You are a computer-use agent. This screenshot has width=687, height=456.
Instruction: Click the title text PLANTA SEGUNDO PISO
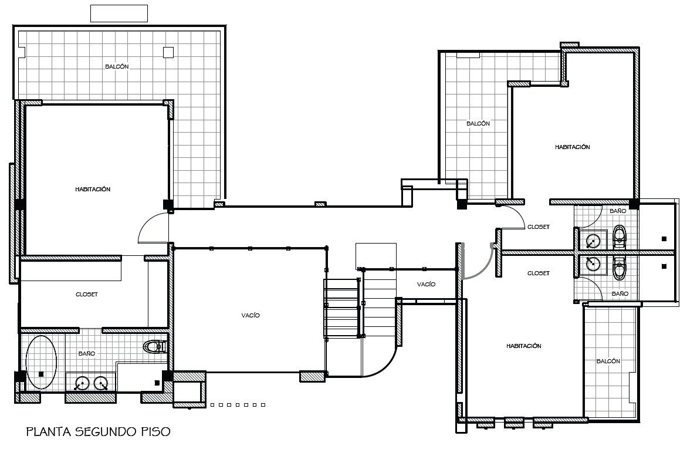click(98, 432)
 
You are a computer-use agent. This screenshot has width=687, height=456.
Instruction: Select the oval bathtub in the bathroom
click(41, 362)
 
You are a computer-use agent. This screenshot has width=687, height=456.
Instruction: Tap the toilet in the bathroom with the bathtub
click(155, 347)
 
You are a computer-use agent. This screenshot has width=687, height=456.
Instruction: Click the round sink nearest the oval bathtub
click(82, 384)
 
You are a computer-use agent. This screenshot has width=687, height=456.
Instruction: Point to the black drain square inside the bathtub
click(41, 374)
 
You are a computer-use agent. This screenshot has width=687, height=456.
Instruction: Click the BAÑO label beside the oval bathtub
click(87, 354)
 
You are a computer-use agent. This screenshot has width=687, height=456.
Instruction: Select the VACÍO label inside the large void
click(250, 316)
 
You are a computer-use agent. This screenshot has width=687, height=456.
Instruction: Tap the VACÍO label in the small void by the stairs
click(426, 284)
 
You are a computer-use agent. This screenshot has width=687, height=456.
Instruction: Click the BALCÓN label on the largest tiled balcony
click(117, 67)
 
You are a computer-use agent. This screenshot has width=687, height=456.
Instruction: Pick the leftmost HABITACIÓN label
click(93, 190)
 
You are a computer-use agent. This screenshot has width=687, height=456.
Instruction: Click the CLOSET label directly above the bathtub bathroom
click(87, 295)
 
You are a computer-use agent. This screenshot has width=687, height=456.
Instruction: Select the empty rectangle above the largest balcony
click(119, 13)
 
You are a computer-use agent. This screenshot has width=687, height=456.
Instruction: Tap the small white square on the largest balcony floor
click(168, 52)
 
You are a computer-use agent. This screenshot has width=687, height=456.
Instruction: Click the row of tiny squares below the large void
click(238, 404)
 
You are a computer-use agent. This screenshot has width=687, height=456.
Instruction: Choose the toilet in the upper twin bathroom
click(620, 237)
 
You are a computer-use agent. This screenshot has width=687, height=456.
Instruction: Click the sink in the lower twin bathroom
click(593, 264)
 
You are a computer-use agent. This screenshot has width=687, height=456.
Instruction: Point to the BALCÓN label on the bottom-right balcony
click(608, 362)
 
